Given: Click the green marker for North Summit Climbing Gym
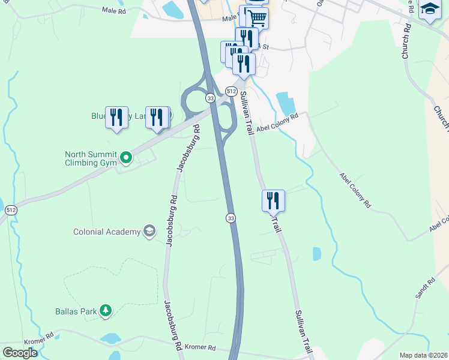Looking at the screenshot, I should pyautogui.click(x=126, y=158).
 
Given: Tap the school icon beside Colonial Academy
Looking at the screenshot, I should pyautogui.click(x=149, y=232).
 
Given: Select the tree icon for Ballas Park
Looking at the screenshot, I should pyautogui.click(x=106, y=310).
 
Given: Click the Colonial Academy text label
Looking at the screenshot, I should pyautogui.click(x=106, y=232).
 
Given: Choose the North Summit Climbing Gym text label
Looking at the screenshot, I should pyautogui.click(x=91, y=158).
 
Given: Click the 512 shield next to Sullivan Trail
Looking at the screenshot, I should pyautogui.click(x=231, y=91).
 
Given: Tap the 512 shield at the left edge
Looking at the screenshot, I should pyautogui.click(x=10, y=211).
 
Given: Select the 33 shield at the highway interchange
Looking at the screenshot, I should pyautogui.click(x=209, y=98).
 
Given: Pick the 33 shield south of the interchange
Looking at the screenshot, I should pyautogui.click(x=231, y=218).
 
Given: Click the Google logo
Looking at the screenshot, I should pyautogui.click(x=20, y=353).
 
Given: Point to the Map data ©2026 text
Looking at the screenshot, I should pyautogui.click(x=423, y=355).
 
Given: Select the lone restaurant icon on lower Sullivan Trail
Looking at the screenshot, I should pyautogui.click(x=273, y=200).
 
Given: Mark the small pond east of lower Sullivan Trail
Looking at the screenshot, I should pyautogui.click(x=316, y=254).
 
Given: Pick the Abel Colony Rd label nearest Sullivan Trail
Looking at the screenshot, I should pyautogui.click(x=277, y=123).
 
